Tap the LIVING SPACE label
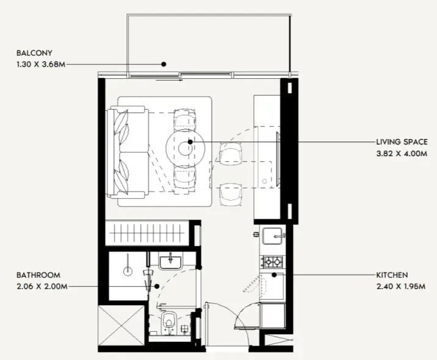[x=398, y=142]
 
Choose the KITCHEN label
[x=392, y=275]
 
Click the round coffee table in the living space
[x=186, y=144]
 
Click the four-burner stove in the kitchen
[x=272, y=262]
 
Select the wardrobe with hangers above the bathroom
[x=146, y=234]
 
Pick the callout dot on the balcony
[x=164, y=63]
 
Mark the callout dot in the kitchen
[x=275, y=275]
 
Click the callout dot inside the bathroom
[x=157, y=286]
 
